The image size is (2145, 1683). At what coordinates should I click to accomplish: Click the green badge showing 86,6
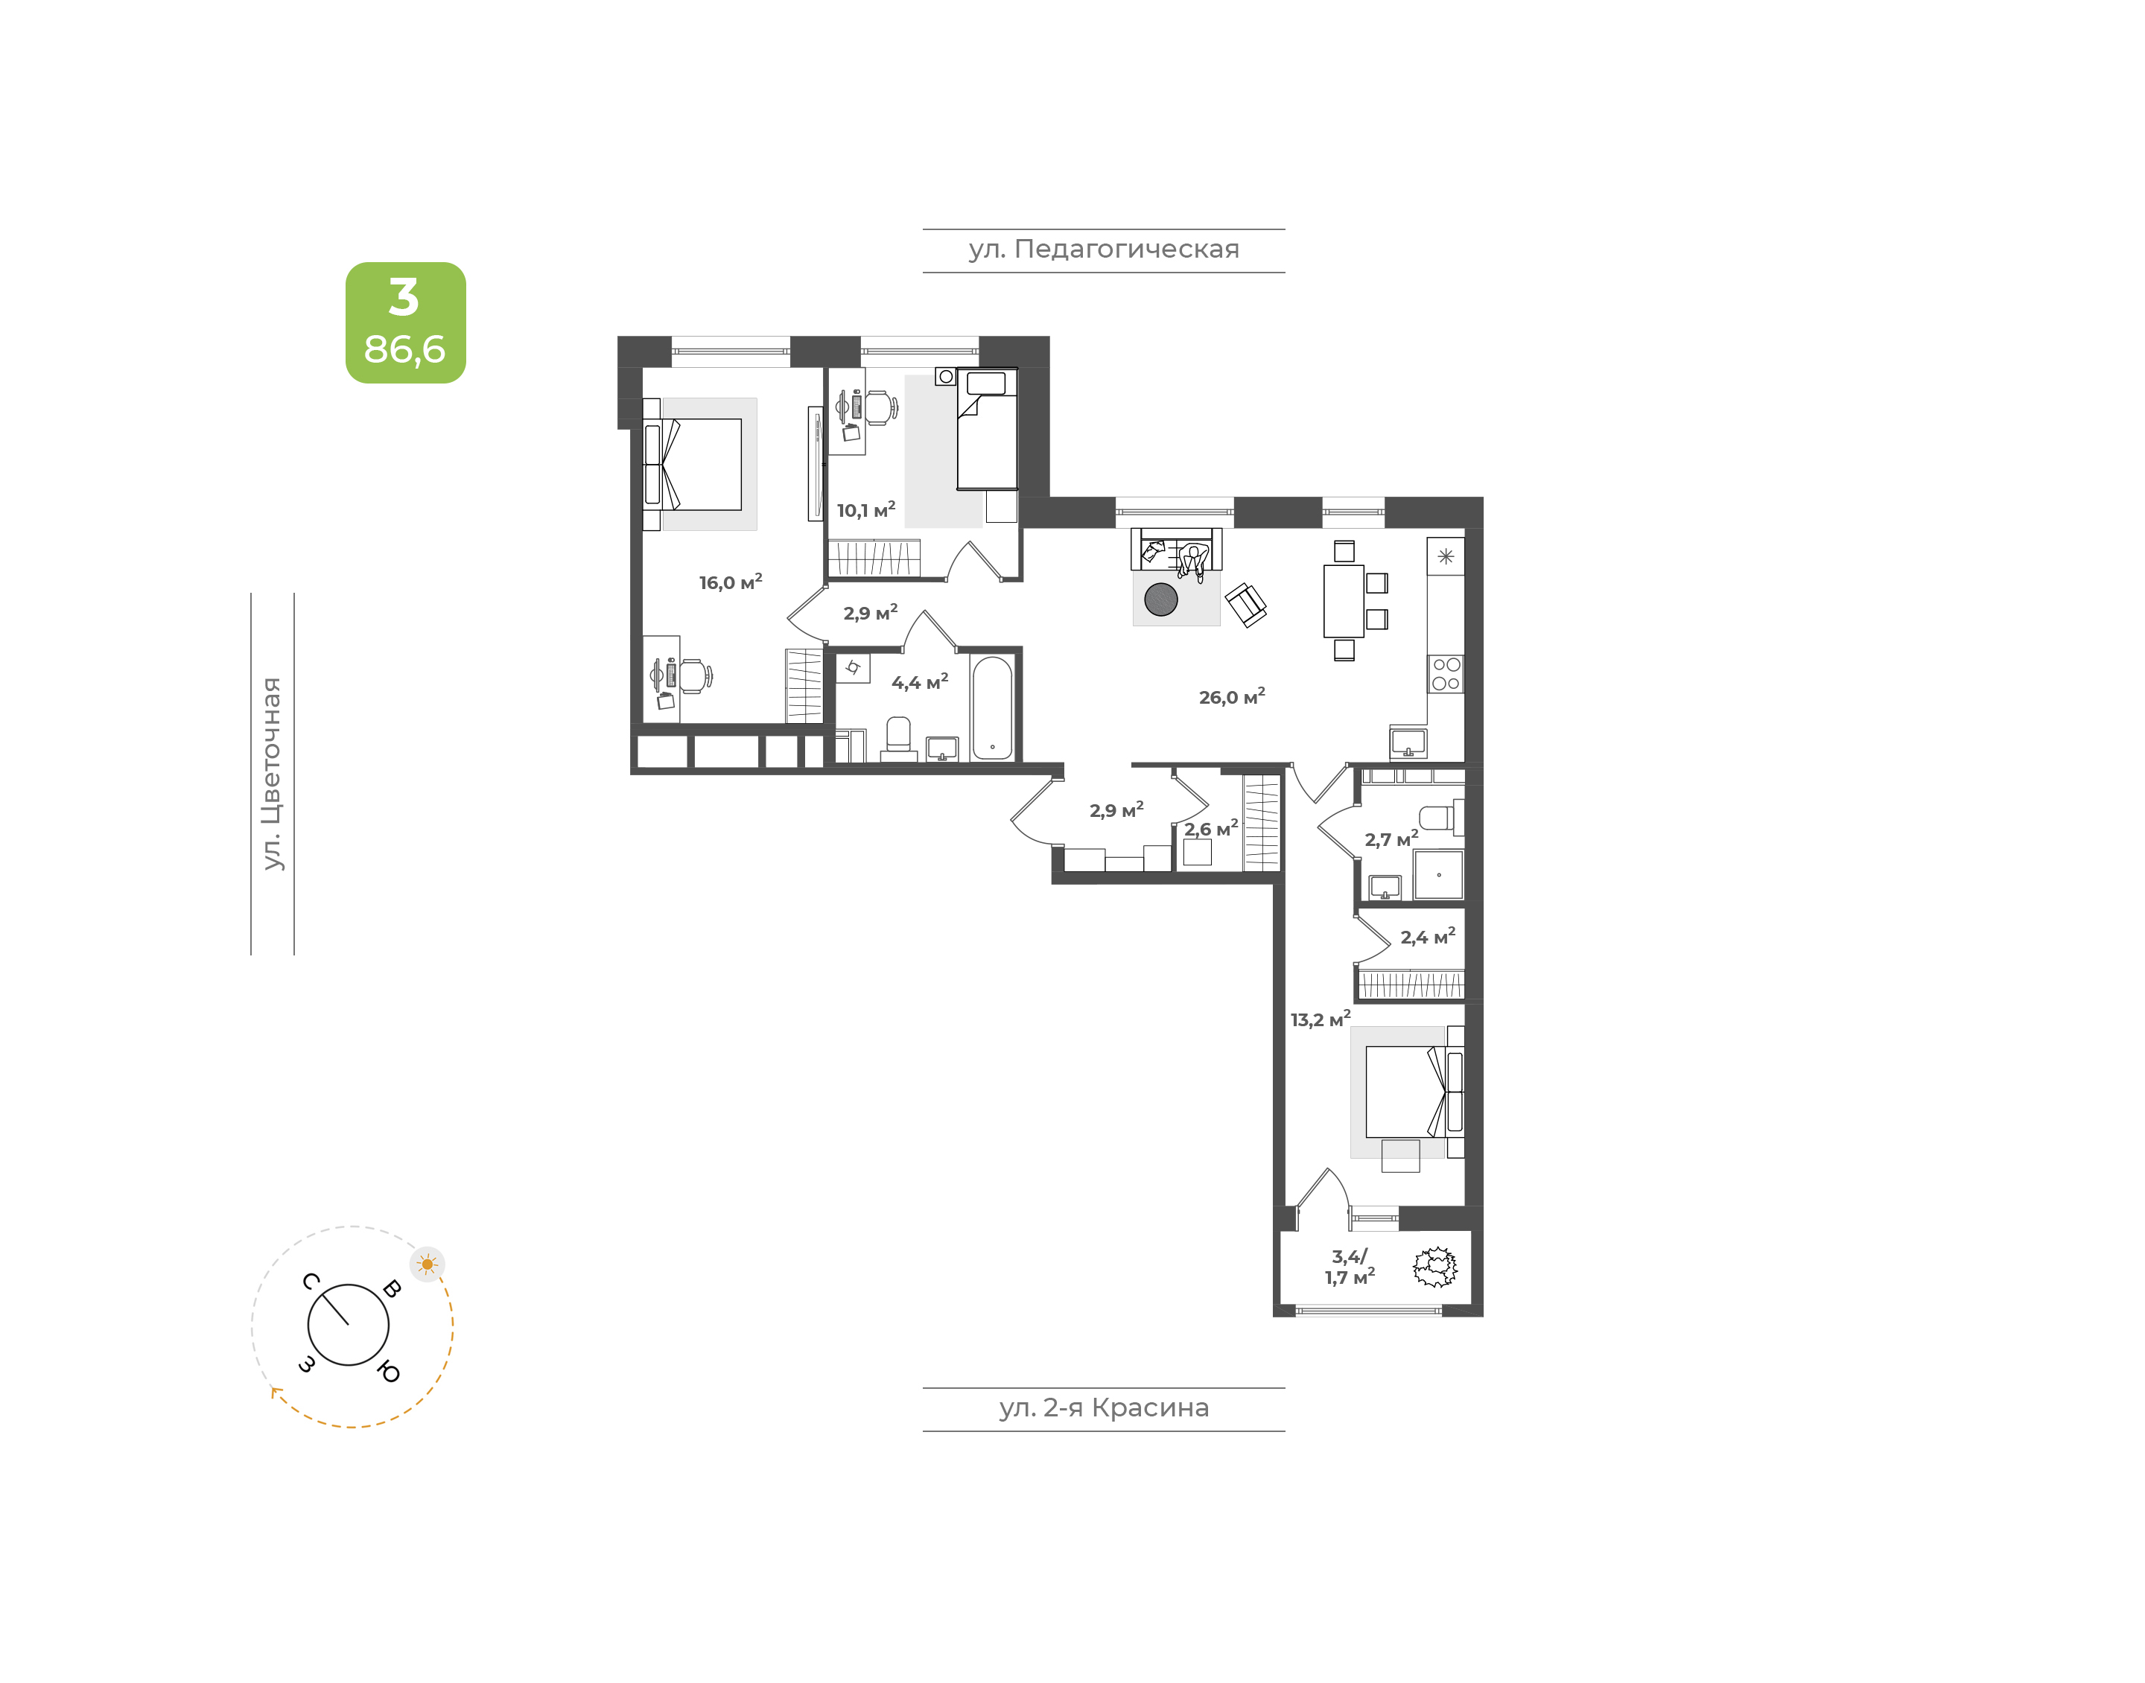coord(405,322)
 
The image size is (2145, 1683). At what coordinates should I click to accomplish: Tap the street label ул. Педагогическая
coord(1104,249)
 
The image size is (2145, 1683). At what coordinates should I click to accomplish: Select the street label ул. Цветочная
coord(272,774)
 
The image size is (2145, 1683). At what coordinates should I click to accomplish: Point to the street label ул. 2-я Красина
coord(1104,1407)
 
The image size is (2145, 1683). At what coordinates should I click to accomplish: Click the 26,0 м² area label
coord(1232,696)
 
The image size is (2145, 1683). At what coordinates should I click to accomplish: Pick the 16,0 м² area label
coord(730,582)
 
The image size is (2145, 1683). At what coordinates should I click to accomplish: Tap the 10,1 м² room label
coord(866,509)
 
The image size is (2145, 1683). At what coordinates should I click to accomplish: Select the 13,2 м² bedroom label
coord(1321,1019)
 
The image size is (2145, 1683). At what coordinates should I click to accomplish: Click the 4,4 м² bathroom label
coord(919,682)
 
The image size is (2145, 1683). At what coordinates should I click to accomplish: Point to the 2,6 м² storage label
coord(1211,829)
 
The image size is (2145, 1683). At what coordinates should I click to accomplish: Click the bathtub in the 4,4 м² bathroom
coord(992,707)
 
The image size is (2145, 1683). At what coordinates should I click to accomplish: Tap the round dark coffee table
coord(1160,599)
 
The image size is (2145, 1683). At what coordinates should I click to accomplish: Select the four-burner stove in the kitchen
coord(1446,674)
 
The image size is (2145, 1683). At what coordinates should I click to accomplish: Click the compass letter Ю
coord(390,1372)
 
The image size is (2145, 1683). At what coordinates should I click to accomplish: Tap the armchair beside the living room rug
coord(1245,604)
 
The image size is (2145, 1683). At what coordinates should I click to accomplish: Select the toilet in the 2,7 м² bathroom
coord(1440,817)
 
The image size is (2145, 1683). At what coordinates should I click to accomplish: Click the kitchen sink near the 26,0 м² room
coord(1408,742)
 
